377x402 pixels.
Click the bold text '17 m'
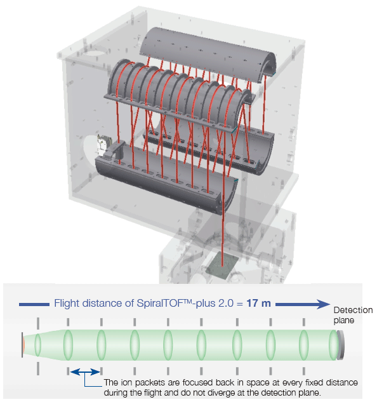[258, 303]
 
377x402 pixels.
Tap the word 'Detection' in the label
[353, 310]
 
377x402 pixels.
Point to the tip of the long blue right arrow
[330, 304]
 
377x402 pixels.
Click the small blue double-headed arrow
[85, 372]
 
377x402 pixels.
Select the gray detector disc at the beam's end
[341, 345]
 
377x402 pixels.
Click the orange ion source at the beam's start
[23, 345]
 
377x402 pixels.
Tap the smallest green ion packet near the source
[37, 345]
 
